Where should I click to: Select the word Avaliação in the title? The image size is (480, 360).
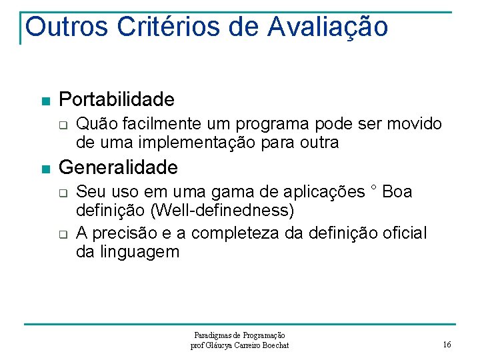(328, 27)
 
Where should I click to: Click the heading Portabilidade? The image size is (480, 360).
(117, 100)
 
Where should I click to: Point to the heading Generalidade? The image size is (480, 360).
(119, 167)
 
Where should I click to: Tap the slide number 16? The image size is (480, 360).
(447, 345)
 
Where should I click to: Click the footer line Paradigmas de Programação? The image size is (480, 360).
(240, 335)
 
